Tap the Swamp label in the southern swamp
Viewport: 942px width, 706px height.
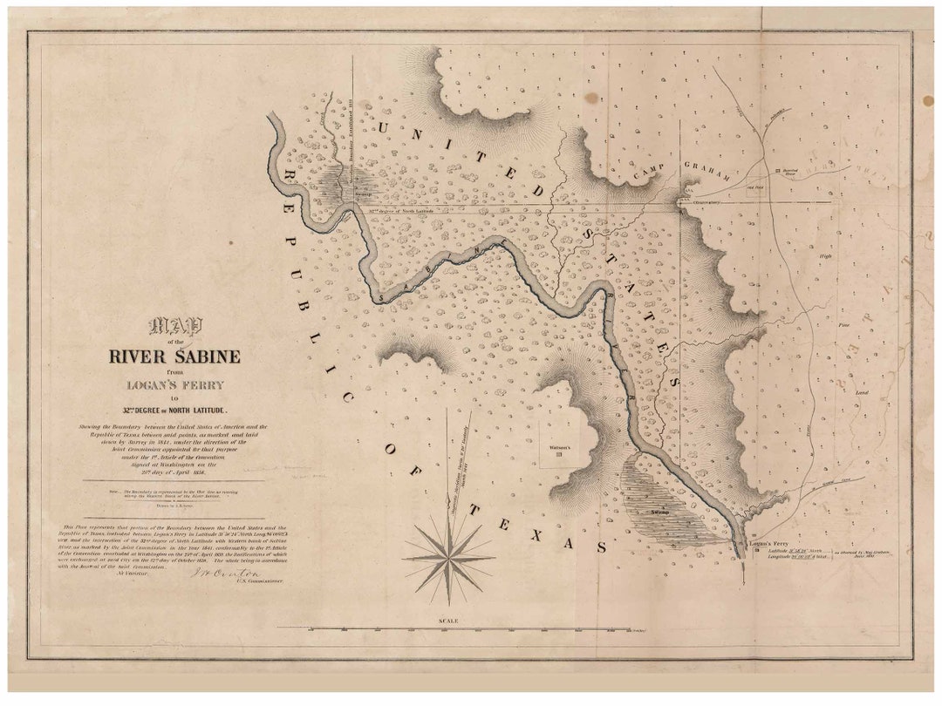click(659, 512)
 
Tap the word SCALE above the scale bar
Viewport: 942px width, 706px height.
click(448, 621)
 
